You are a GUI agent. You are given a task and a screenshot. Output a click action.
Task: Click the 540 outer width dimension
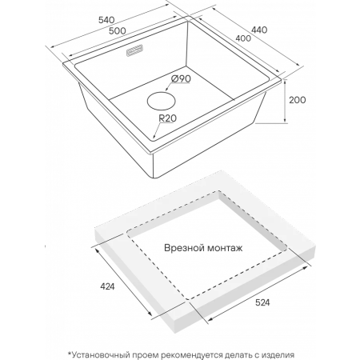point(106,20)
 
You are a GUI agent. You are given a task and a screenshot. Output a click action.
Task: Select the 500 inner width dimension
point(118,31)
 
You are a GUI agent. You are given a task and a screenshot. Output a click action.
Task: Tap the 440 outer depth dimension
point(259,30)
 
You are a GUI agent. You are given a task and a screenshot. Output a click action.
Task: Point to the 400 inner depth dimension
point(243,38)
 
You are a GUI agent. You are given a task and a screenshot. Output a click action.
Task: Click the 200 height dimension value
point(298,100)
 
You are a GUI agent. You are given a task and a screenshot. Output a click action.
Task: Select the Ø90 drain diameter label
point(182,78)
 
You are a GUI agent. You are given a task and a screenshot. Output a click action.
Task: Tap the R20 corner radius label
point(168,118)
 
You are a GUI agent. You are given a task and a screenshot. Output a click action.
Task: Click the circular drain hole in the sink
point(162,101)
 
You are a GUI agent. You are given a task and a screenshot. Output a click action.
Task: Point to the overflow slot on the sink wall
point(134,50)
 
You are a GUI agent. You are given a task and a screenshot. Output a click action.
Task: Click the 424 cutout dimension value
point(107,286)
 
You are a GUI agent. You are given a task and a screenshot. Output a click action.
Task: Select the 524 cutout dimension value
point(262,302)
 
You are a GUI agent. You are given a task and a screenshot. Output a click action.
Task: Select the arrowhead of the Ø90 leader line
point(166,90)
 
